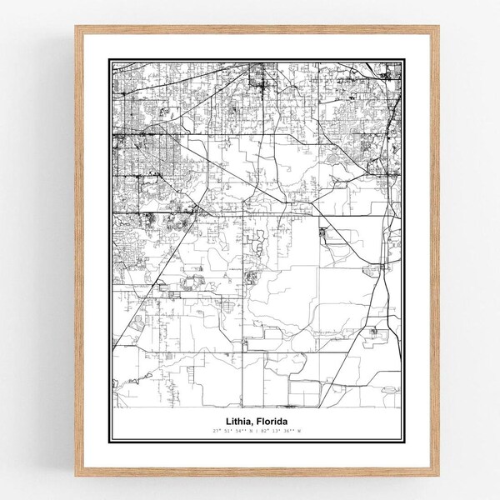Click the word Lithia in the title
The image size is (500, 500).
(x=237, y=420)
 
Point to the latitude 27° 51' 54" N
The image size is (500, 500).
(x=228, y=429)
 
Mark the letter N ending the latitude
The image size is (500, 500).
(x=246, y=429)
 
